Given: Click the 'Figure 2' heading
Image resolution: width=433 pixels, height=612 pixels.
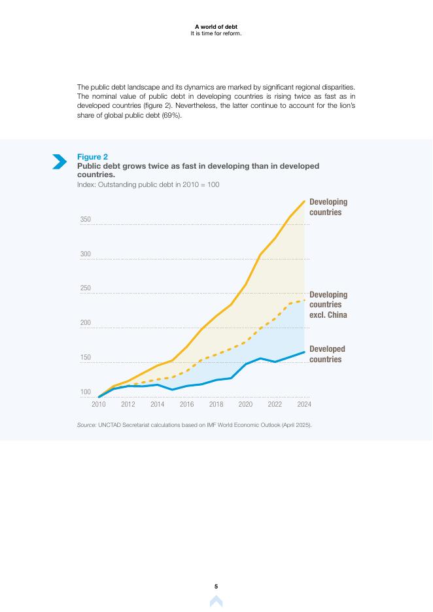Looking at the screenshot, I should pos(93,157).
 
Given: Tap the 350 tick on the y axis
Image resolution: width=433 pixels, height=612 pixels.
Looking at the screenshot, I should pos(86,220).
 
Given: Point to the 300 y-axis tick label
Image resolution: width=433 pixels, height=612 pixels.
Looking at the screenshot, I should pos(86,254).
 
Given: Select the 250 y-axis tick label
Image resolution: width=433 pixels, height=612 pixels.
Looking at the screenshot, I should pos(86,288).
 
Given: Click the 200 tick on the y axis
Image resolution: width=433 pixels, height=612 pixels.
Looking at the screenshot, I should pos(86,323).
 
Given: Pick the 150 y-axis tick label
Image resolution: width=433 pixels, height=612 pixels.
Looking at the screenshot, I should pos(86,358).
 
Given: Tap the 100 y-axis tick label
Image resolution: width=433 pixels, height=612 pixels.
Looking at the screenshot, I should pos(86,392).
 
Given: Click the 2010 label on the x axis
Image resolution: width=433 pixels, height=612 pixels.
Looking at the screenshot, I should pos(99,404).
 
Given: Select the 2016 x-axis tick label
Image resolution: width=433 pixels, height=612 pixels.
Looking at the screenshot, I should pos(186,404).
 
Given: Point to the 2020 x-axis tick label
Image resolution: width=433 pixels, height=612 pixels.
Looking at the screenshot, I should pos(245,404).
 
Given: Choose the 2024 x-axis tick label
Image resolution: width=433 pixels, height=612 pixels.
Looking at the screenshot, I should pos(304,404).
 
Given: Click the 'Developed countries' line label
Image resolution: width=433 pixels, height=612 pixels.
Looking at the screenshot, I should pos(327,354).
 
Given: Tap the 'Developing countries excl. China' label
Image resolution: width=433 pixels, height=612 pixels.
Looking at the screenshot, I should pos(328,305).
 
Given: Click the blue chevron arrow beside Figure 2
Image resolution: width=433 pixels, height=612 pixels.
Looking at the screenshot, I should pos(60,161).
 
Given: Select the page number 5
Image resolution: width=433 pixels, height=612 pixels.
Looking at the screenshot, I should pos(217,586).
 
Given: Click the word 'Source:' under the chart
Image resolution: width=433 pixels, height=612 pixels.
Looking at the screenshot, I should pos(86,425).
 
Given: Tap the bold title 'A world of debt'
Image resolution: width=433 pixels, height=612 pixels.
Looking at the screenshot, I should pos(216,27).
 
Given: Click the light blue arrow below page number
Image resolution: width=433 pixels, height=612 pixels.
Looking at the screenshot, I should pos(217,602).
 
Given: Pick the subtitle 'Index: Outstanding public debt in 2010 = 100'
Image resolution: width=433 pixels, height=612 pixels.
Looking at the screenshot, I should pos(148,185).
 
